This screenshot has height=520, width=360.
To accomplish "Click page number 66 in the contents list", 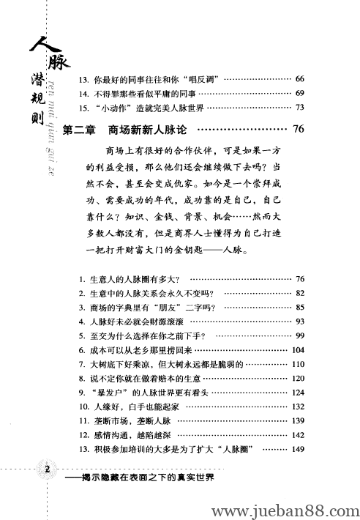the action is pos(299,78).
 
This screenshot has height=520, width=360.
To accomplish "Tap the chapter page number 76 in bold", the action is pos(297,130).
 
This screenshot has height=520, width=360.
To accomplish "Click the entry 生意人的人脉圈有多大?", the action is pos(132,280).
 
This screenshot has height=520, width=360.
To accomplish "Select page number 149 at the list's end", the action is pos(297,450).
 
